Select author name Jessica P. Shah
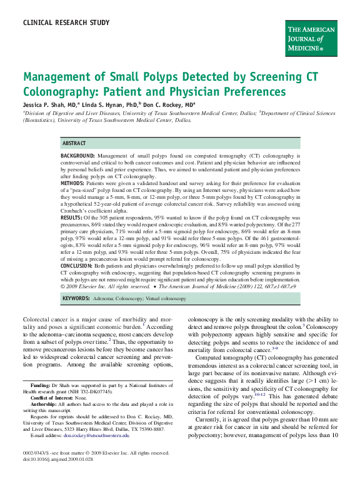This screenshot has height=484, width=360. tap(46, 104)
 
